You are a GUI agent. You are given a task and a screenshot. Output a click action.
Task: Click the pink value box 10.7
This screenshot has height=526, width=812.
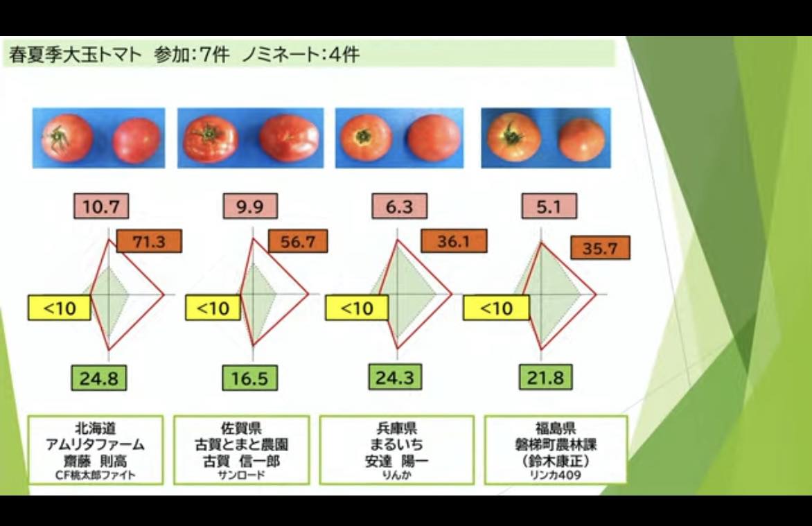tap(101, 207)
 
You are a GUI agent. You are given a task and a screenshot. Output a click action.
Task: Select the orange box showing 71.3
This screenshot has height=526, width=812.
tap(149, 241)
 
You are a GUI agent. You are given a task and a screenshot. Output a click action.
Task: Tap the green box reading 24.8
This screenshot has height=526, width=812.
tap(98, 378)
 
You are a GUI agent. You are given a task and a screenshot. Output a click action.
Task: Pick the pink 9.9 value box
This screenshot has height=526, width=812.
tap(250, 207)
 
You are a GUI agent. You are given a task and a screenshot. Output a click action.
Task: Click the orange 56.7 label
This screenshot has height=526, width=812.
tap(298, 241)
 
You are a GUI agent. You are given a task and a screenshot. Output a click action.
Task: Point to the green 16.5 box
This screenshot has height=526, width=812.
tap(249, 378)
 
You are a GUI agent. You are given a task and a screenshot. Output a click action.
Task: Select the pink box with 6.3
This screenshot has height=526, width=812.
tap(399, 207)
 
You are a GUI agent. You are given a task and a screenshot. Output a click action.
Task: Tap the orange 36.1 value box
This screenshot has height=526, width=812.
tap(454, 241)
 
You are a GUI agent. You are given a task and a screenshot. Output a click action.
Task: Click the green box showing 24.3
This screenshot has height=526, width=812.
tap(395, 377)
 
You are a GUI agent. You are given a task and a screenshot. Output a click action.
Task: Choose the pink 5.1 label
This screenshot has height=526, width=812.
tap(549, 207)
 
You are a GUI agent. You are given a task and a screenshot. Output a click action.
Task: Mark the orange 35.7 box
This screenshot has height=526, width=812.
tap(600, 247)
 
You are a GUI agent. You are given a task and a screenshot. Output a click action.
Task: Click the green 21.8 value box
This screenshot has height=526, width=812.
tap(545, 377)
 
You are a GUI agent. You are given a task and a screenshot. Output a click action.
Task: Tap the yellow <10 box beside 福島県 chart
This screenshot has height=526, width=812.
tap(496, 308)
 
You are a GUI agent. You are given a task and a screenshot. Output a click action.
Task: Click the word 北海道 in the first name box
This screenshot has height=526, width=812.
tap(96, 428)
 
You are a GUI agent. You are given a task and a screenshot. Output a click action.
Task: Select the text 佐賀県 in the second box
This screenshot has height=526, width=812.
tap(241, 428)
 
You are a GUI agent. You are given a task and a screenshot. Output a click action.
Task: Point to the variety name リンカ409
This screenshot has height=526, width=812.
tap(556, 475)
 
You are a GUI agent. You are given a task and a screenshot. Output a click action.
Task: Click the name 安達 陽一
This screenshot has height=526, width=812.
tap(397, 461)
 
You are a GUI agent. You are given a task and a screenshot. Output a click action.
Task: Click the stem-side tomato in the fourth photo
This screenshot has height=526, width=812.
tap(514, 137)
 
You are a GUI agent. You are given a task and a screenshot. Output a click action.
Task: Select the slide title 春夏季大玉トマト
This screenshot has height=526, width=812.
tap(75, 55)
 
